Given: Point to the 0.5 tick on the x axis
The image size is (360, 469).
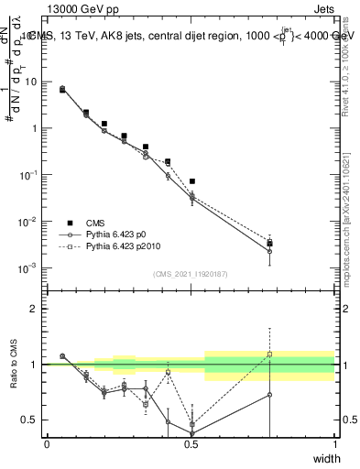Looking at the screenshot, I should coord(191,444).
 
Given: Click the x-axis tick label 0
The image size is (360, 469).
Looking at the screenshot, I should coord(47,444).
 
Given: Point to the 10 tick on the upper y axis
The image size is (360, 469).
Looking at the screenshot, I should coord(31,82).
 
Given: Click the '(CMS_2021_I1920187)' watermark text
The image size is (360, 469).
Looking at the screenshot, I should coord(191,273).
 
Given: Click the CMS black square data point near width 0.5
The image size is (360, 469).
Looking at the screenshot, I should coord(191,181).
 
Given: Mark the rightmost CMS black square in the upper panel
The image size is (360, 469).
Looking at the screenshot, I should coord(269,244).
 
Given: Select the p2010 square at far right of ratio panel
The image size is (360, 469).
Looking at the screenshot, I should coord(269,354).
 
